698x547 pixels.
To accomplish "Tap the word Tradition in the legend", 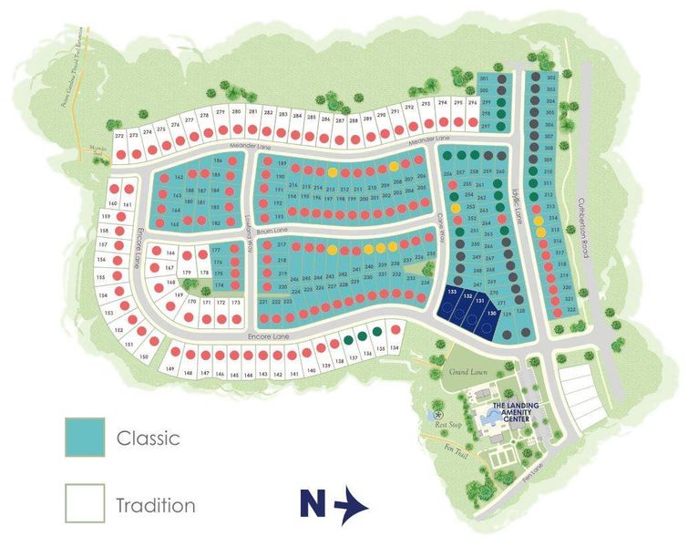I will click(155, 504).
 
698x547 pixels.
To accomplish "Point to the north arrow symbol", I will click(351, 505).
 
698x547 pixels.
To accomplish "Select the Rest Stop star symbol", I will click(430, 412).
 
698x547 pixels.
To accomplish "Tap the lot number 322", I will click(571, 310).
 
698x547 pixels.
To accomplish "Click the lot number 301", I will click(484, 79).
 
